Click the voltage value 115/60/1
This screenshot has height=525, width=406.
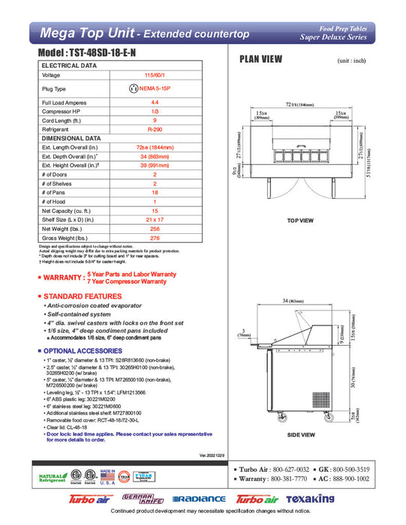(155, 75)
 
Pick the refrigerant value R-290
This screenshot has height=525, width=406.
(155, 129)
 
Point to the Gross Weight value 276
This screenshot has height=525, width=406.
(155, 238)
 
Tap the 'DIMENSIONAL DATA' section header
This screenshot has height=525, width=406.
(71, 139)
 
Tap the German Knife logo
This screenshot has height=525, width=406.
(143, 499)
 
